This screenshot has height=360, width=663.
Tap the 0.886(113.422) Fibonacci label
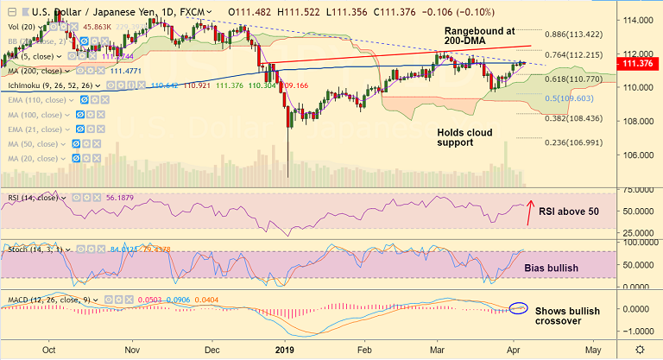tap(578, 35)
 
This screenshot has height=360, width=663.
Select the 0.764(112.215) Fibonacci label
tap(578, 55)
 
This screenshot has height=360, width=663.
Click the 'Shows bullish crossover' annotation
tap(571, 315)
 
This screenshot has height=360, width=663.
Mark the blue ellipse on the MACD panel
tap(520, 307)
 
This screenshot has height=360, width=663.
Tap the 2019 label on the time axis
tap(285, 350)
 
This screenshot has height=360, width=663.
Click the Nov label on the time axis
tap(131, 350)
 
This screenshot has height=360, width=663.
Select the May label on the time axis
tap(592, 350)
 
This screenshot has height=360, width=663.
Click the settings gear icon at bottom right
tap(639, 349)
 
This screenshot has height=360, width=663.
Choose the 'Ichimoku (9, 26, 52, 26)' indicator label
tap(51, 86)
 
